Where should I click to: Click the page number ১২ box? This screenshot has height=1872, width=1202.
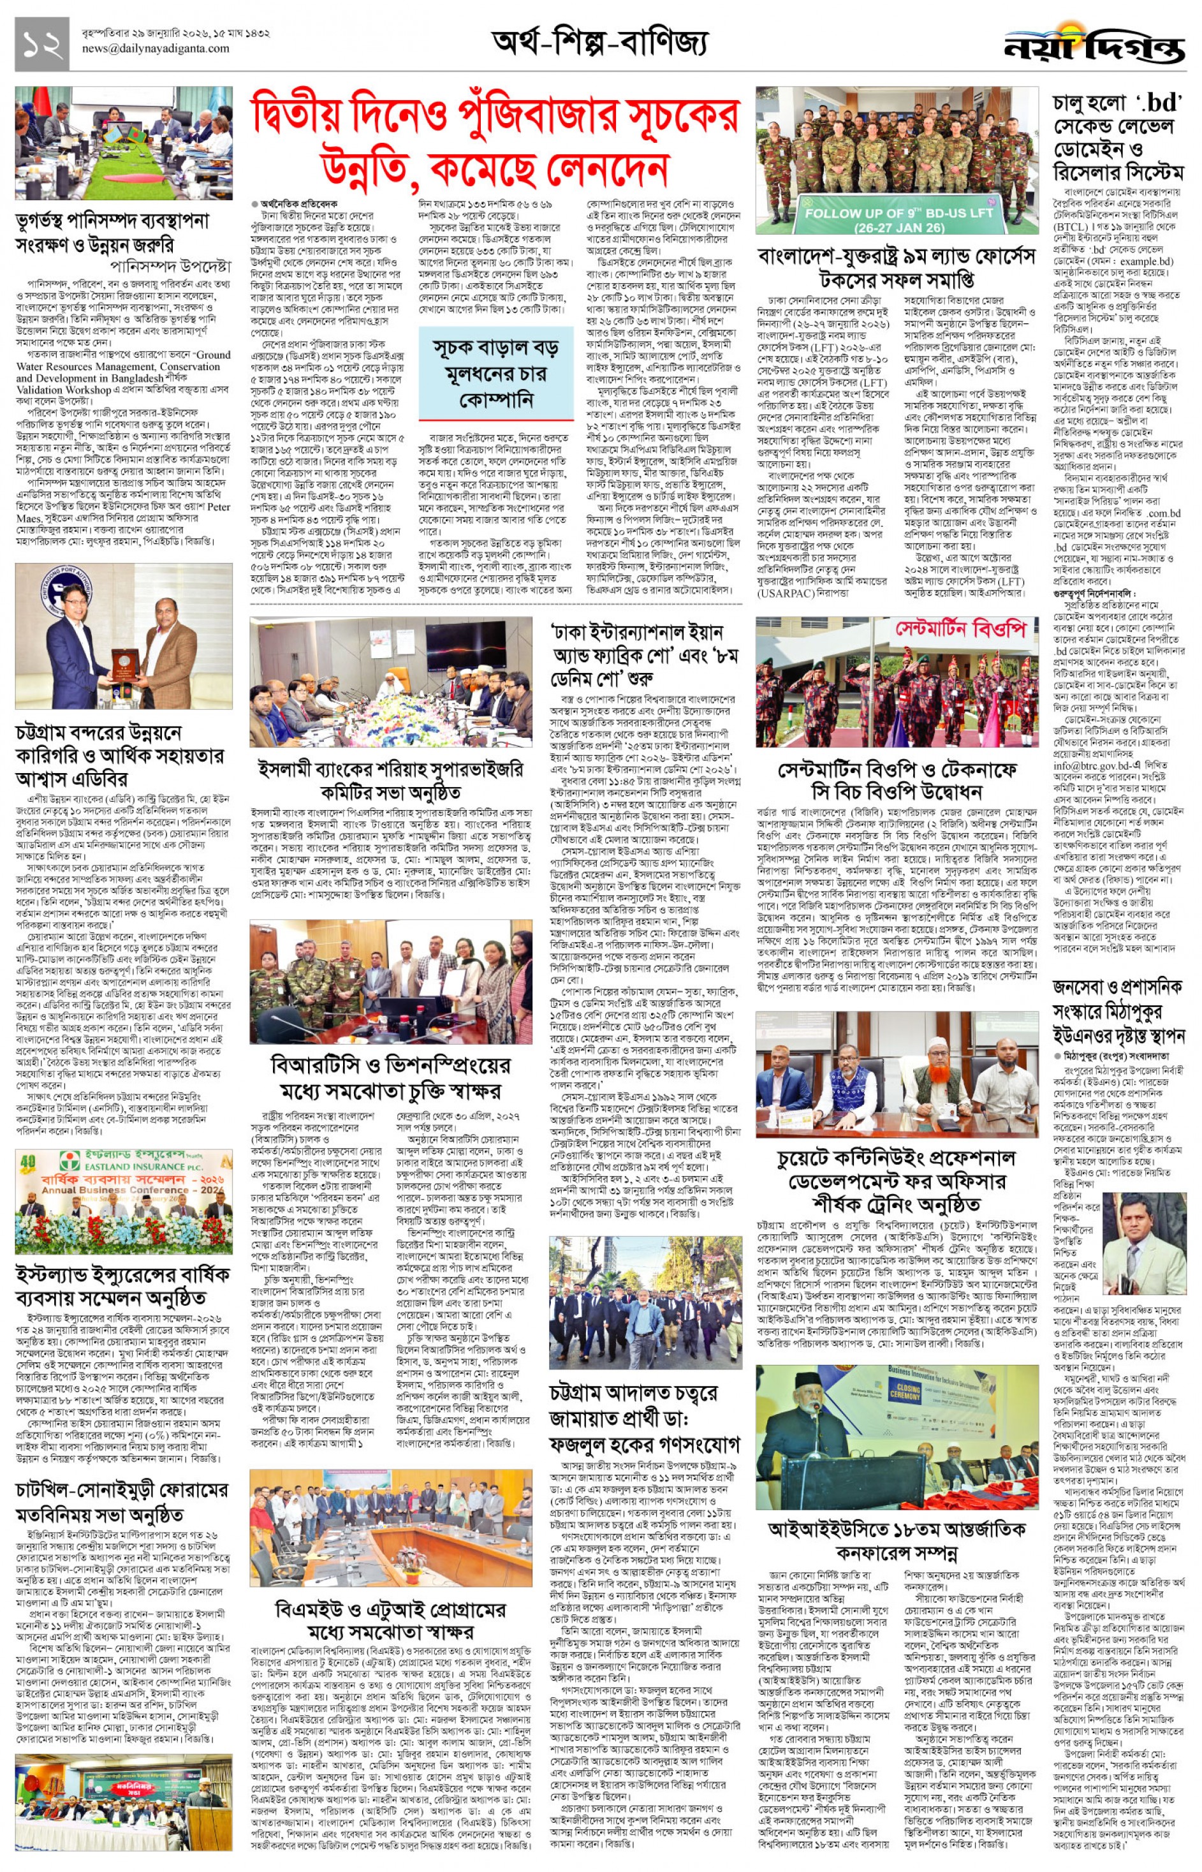pyautogui.click(x=41, y=46)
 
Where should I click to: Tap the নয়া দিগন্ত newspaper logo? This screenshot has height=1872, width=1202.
pyautogui.click(x=1094, y=45)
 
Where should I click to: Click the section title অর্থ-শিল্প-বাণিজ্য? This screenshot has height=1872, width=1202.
pyautogui.click(x=599, y=42)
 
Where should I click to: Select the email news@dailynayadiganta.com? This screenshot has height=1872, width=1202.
pyautogui.click(x=156, y=48)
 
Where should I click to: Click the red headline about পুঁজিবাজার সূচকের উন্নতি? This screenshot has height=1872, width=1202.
pyautogui.click(x=494, y=144)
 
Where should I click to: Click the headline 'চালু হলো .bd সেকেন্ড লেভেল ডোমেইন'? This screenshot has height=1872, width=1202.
pyautogui.click(x=1117, y=136)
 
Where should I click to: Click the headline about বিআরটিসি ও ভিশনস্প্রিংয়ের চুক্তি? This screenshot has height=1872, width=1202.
pyautogui.click(x=390, y=1077)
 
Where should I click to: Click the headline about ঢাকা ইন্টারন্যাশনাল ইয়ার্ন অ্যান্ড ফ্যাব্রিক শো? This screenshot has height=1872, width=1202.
pyautogui.click(x=645, y=654)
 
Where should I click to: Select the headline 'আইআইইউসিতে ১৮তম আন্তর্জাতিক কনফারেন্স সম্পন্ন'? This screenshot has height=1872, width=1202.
pyautogui.click(x=897, y=1540)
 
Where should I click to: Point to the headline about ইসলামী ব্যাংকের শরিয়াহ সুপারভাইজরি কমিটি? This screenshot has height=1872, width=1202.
pyautogui.click(x=390, y=781)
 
